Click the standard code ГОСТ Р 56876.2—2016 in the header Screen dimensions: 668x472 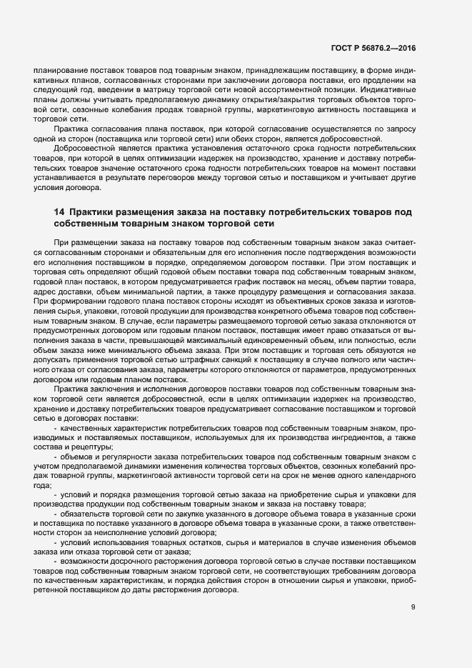373,49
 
